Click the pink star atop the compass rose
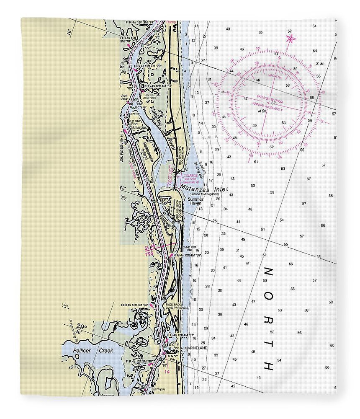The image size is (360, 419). click(290, 39)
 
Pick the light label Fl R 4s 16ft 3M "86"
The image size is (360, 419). click(134, 305)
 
